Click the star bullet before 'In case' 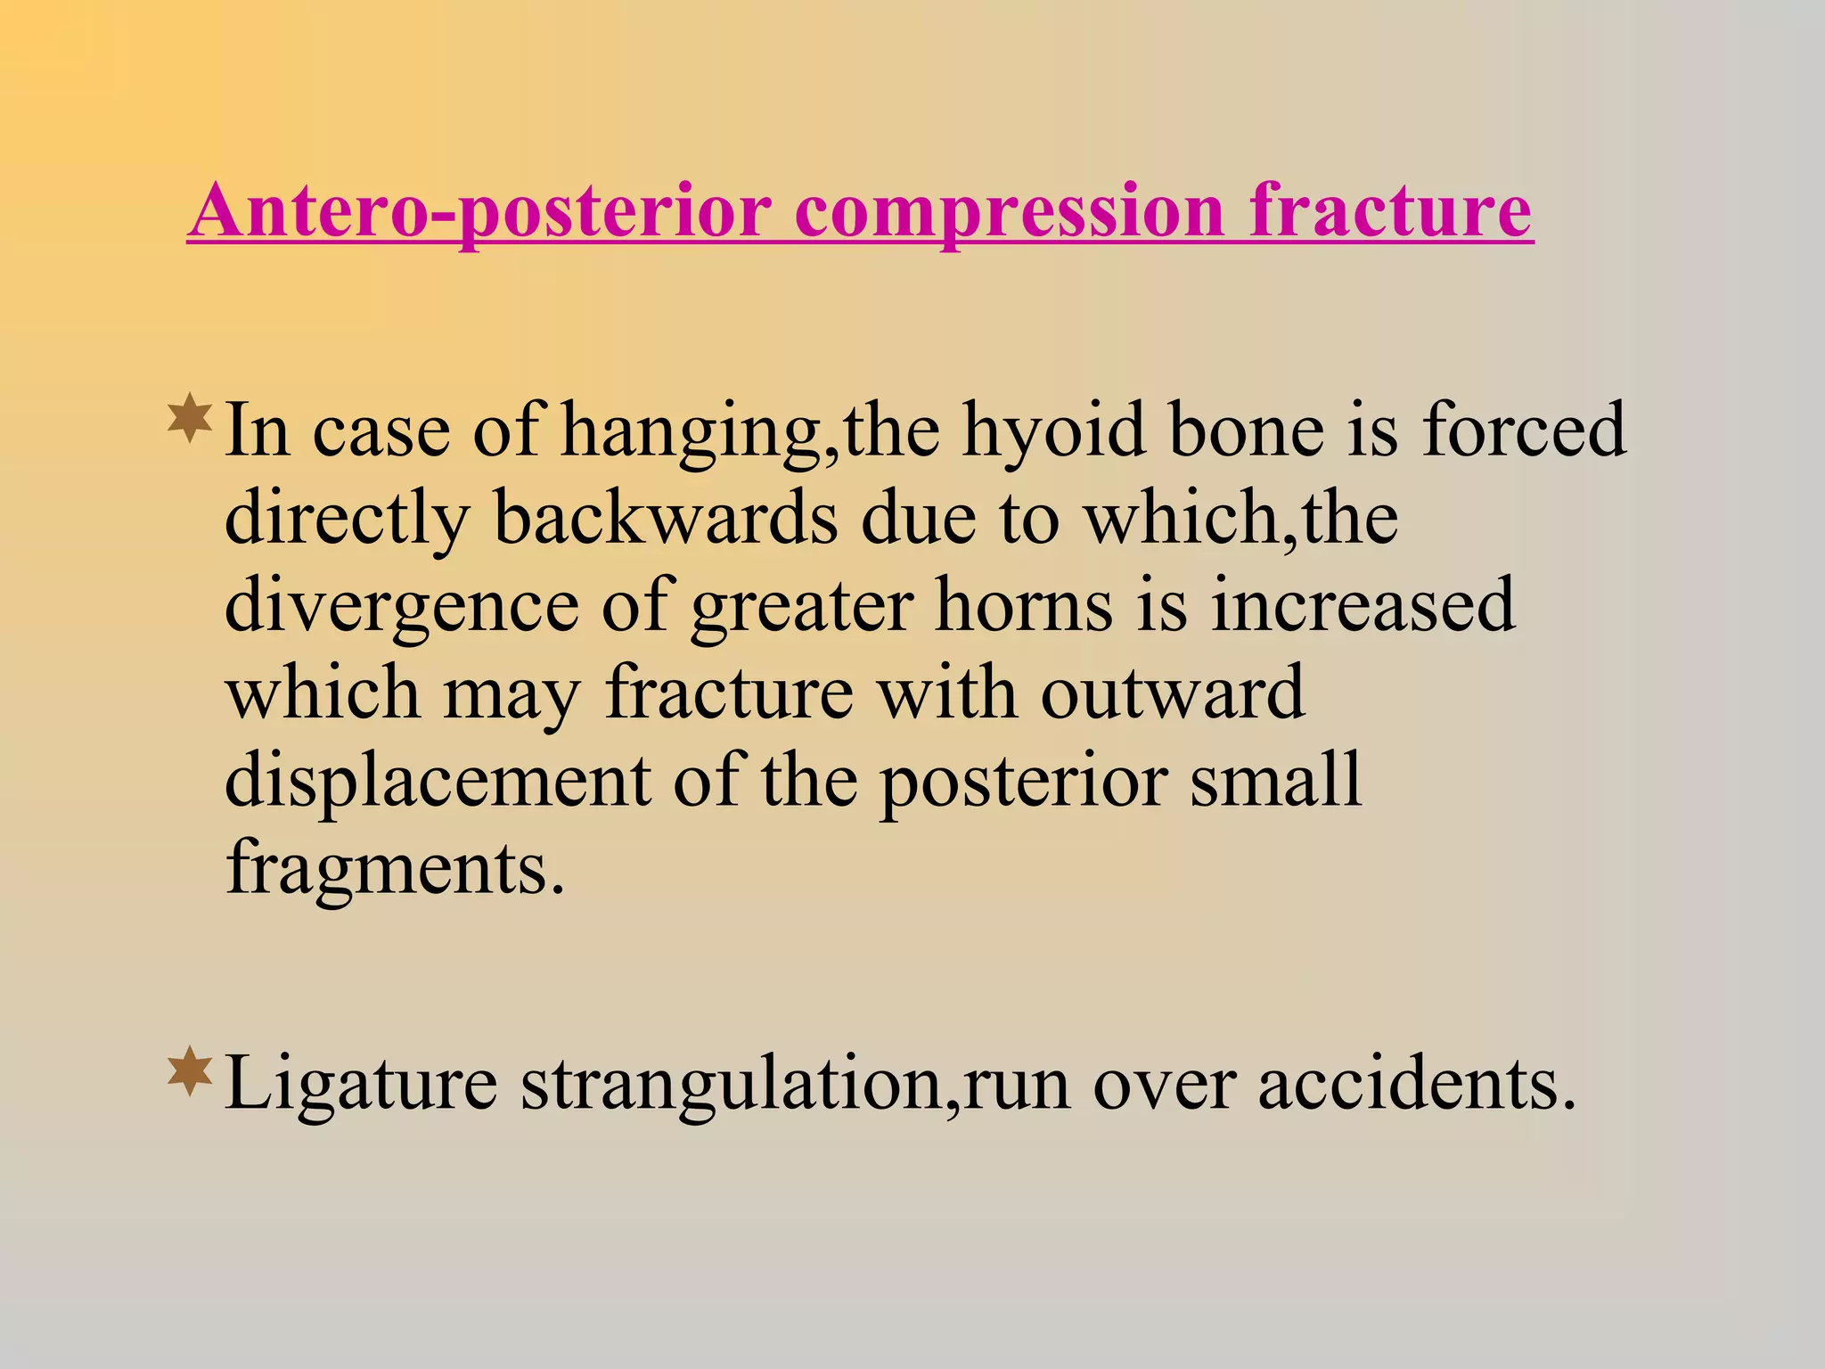190,419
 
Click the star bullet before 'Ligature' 190,1072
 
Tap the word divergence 401,606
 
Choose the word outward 1172,693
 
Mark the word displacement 437,781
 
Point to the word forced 1524,431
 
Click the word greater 802,606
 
